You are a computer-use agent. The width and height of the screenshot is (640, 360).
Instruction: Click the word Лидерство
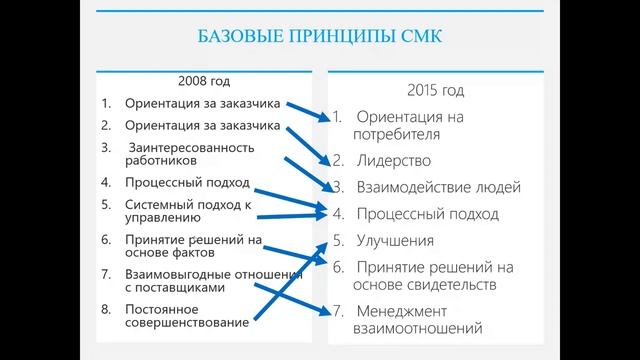click(394, 160)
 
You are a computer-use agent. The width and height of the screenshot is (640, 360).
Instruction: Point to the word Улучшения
click(395, 240)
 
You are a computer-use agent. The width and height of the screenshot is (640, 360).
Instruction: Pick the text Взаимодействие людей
click(425, 187)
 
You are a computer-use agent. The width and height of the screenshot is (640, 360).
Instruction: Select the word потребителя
click(399, 134)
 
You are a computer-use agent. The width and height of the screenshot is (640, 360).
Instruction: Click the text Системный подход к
click(187, 203)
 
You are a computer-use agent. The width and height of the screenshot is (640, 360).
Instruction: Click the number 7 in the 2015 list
click(337, 309)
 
